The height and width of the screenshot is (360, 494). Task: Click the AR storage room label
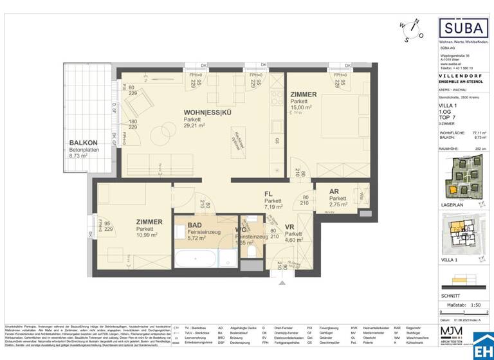334,192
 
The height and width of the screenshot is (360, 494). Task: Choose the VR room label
290,226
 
